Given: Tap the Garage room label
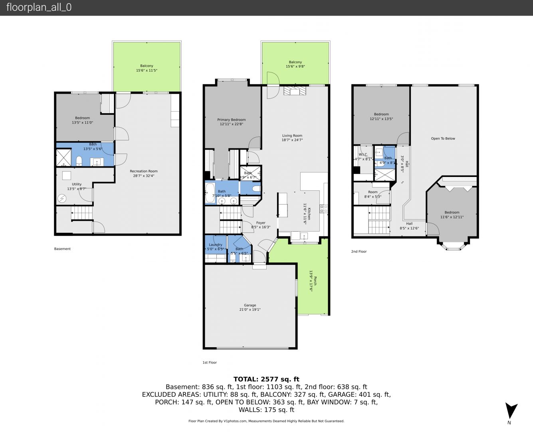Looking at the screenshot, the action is (250, 305).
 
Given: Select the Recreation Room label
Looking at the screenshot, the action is (144, 171).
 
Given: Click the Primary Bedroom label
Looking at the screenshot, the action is (231, 120).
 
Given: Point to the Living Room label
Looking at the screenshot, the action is (292, 136).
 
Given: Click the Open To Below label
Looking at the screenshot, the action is (443, 138).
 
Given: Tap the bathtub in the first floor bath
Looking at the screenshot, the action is (210, 192).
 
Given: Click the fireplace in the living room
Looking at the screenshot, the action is (295, 91).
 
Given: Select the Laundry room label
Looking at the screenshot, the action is (216, 245).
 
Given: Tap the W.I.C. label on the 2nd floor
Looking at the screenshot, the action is (363, 154).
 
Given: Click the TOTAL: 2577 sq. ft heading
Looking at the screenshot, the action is (266, 379).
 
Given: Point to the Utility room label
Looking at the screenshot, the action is (77, 184).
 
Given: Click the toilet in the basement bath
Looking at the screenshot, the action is (79, 161).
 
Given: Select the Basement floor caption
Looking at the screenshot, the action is (62, 249).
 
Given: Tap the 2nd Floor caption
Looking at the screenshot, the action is (359, 252).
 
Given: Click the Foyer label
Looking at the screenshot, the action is (261, 223).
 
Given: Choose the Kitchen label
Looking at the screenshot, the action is (309, 214).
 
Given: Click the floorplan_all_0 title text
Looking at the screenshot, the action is (39, 7).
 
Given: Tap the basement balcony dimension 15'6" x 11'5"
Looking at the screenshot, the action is (147, 70).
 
